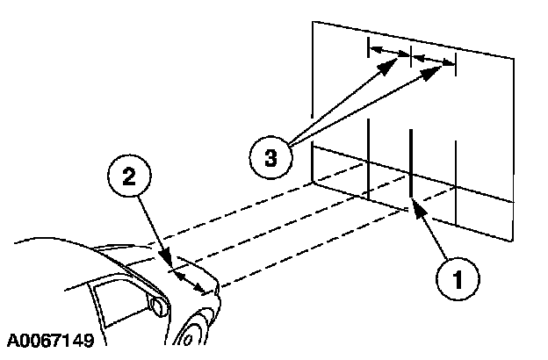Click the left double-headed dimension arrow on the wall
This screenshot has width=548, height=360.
coord(389,50)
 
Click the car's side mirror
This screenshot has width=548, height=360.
coord(158,306)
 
